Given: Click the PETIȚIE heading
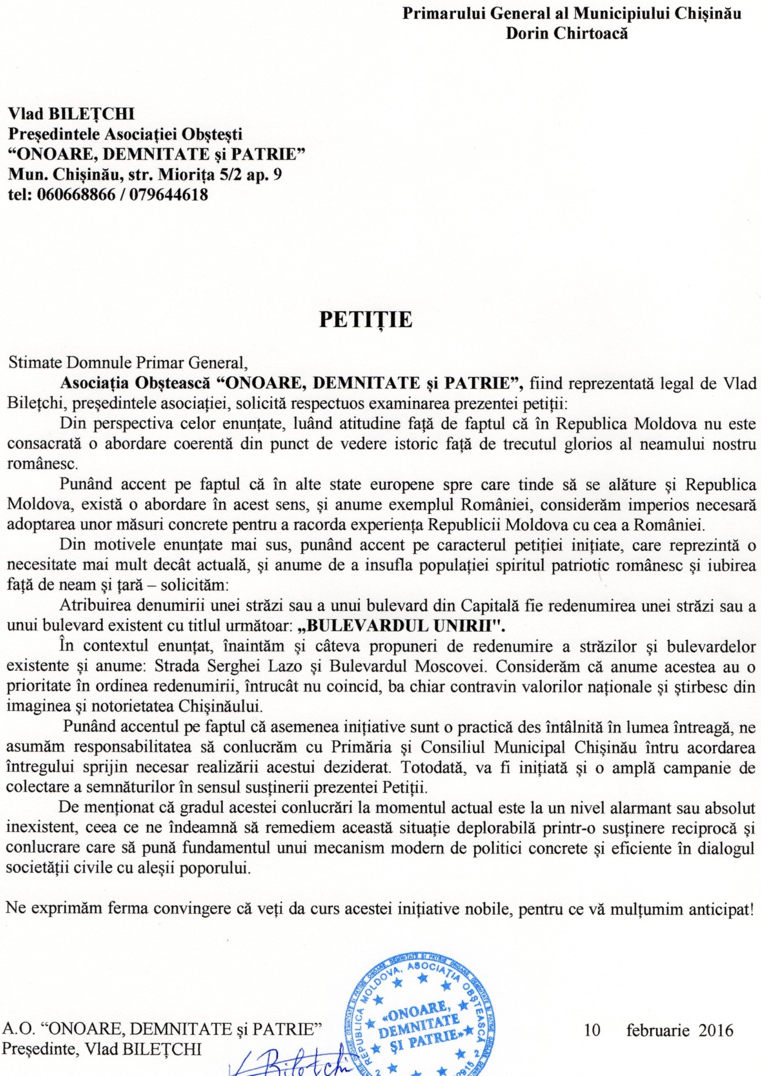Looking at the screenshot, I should pos(366,320).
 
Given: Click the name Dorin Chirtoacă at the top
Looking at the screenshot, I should pos(567,33).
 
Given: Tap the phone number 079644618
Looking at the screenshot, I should pos(168,195).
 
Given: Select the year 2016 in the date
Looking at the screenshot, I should pos(715,1030).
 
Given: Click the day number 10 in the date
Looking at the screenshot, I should pos(592,1030).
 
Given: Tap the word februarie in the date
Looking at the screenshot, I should pos(657,1030).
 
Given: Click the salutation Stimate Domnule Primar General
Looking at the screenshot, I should pos(128,363).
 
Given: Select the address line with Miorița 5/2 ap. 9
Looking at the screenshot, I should pos(145,174).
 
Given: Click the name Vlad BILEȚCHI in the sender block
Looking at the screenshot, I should pos(71,113).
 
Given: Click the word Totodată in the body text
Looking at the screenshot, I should pos(434,767).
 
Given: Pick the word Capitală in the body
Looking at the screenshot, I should pos(490,606).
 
